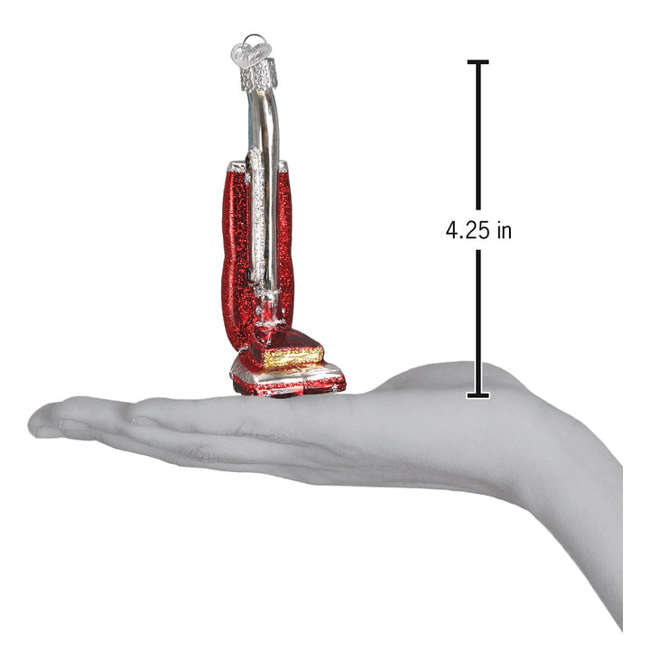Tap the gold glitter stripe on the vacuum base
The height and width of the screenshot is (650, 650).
click(x=293, y=354)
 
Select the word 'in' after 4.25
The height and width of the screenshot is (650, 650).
click(x=502, y=230)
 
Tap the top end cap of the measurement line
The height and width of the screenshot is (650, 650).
click(x=478, y=61)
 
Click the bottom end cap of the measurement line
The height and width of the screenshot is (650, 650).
click(x=478, y=395)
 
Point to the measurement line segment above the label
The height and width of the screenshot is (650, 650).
click(x=478, y=135)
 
